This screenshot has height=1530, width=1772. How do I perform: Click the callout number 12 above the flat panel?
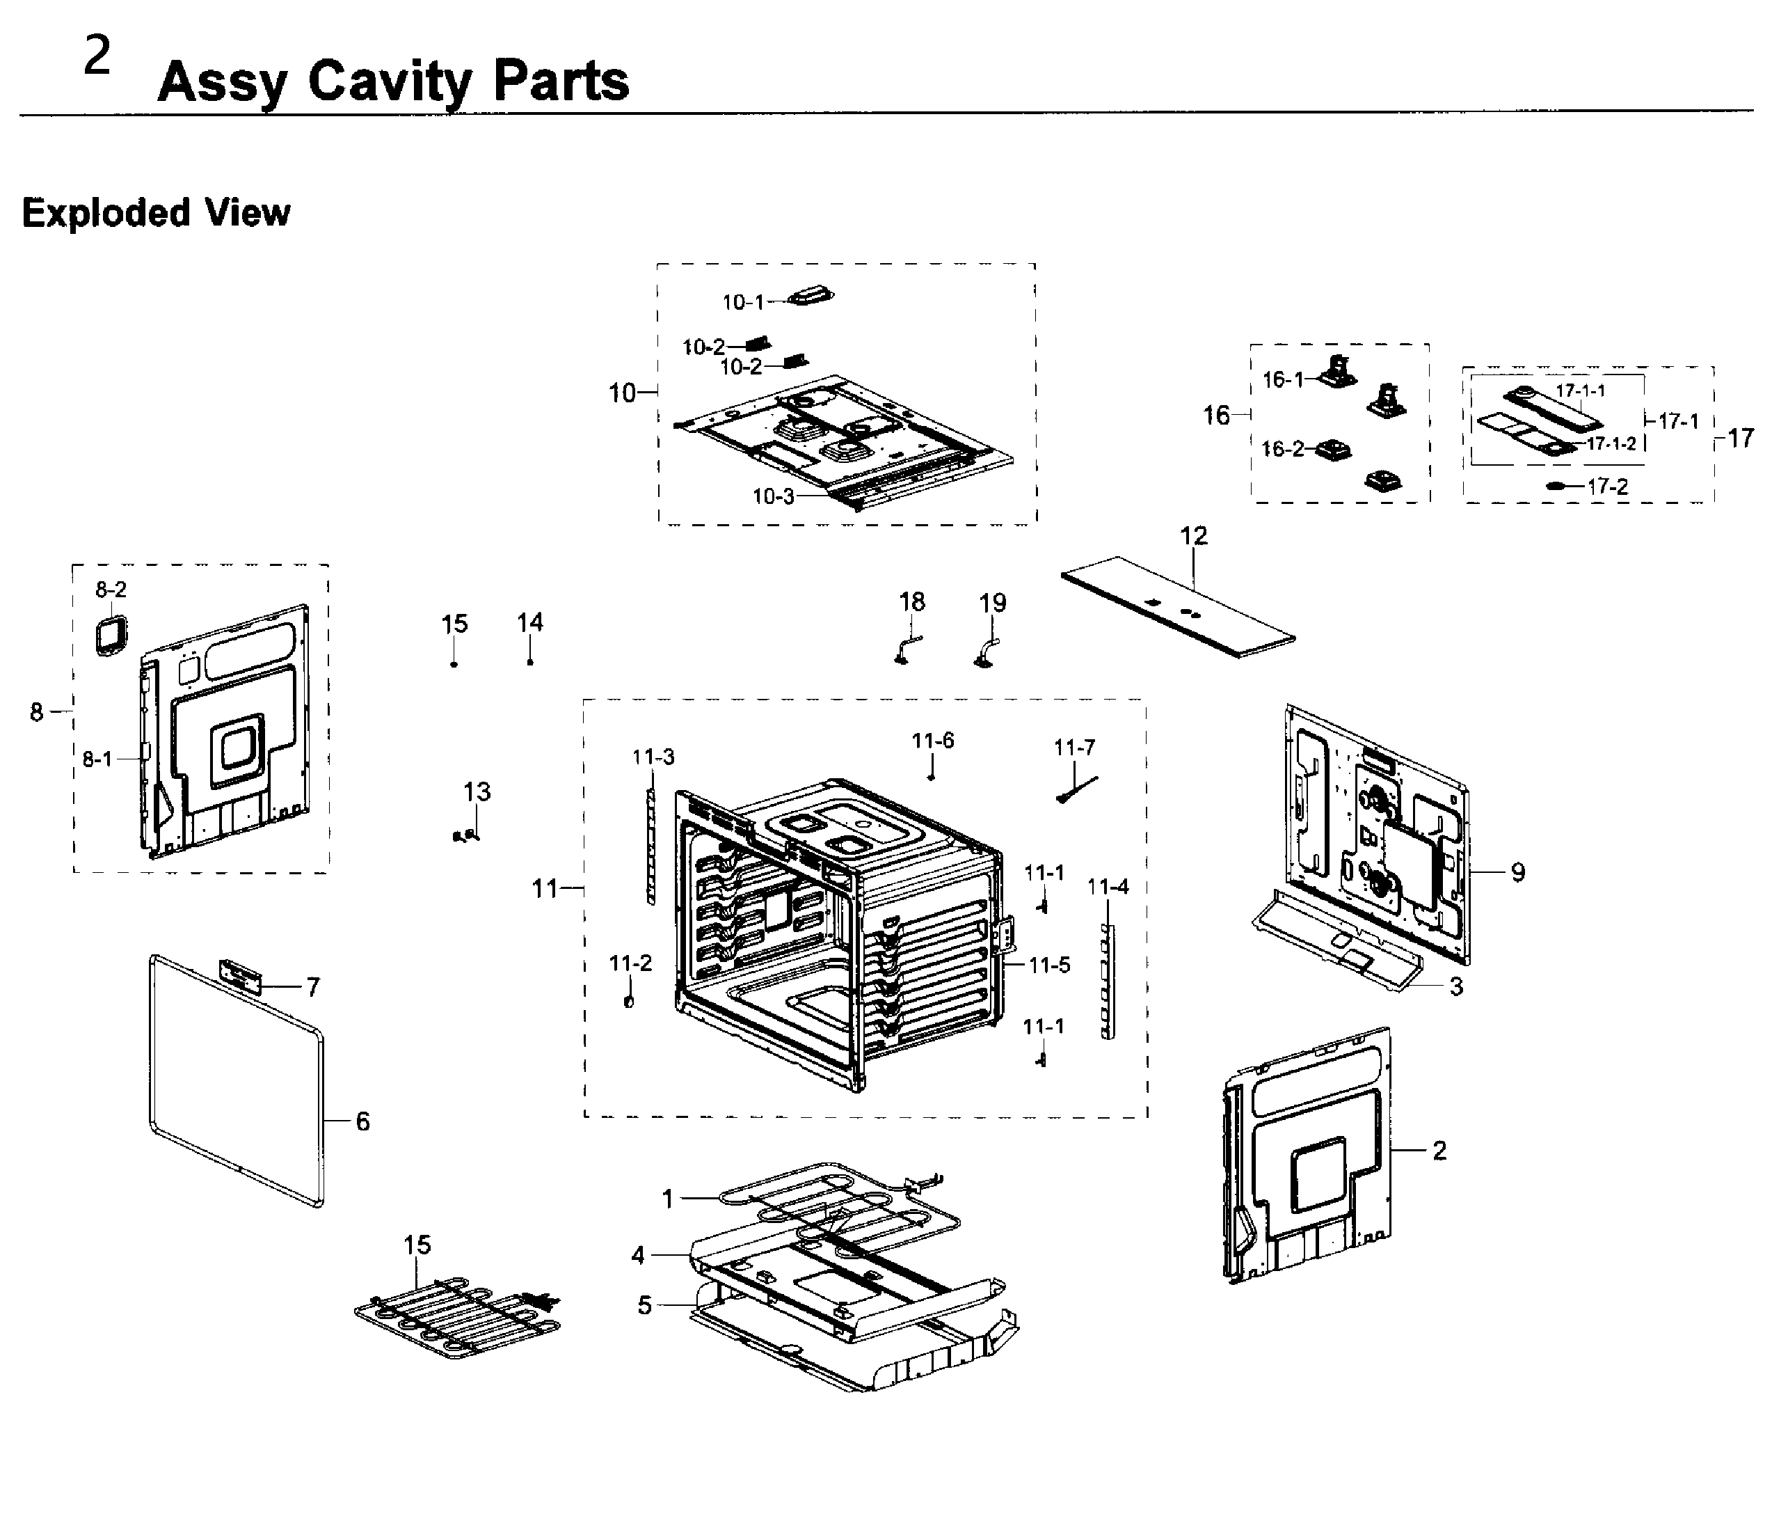[x=1193, y=536]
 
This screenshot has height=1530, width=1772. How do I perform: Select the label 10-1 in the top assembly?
[x=742, y=302]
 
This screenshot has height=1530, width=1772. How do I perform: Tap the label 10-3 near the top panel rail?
[x=772, y=496]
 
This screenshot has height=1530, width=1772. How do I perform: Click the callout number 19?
[x=992, y=604]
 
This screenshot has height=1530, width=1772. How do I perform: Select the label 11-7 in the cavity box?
[x=1073, y=748]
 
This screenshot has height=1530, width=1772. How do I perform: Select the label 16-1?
[x=1282, y=379]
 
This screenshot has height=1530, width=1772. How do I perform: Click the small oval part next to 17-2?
[x=1556, y=486]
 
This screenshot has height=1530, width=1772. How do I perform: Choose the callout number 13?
[x=477, y=791]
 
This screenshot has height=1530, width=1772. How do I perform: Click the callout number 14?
[x=529, y=622]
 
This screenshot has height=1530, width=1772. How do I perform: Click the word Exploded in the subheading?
[x=105, y=212]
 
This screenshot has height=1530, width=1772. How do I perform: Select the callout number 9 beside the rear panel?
[x=1517, y=872]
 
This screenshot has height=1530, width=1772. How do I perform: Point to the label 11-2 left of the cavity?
[x=630, y=963]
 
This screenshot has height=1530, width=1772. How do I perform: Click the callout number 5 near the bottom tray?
[x=644, y=1305]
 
